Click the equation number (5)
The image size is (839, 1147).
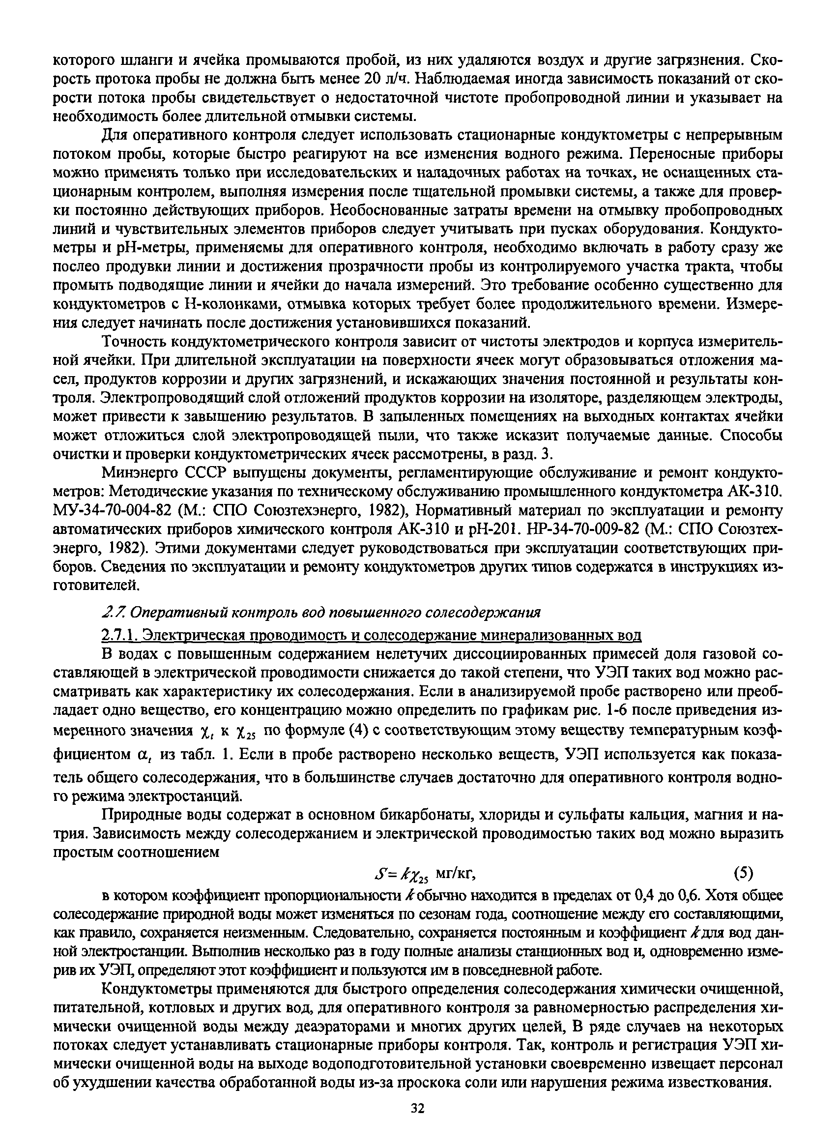744,873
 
